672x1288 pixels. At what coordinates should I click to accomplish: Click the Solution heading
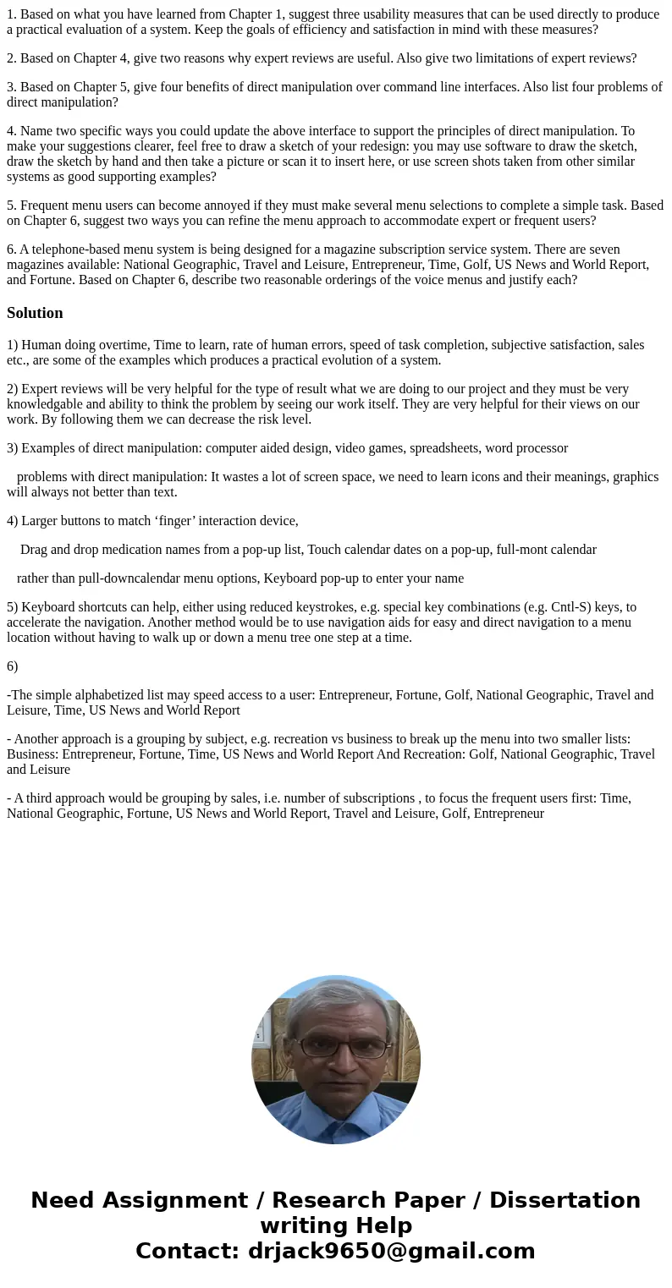[x=35, y=313]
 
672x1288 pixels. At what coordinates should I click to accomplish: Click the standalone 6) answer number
[x=12, y=666]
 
